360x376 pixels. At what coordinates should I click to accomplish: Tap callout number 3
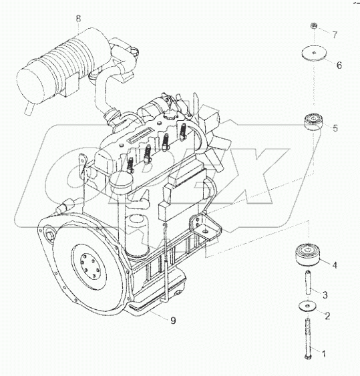coord(325,295)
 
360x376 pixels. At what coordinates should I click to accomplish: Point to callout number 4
coord(335,266)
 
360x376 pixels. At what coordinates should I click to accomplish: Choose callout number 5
coord(336,128)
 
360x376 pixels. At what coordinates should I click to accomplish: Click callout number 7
coord(335,33)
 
